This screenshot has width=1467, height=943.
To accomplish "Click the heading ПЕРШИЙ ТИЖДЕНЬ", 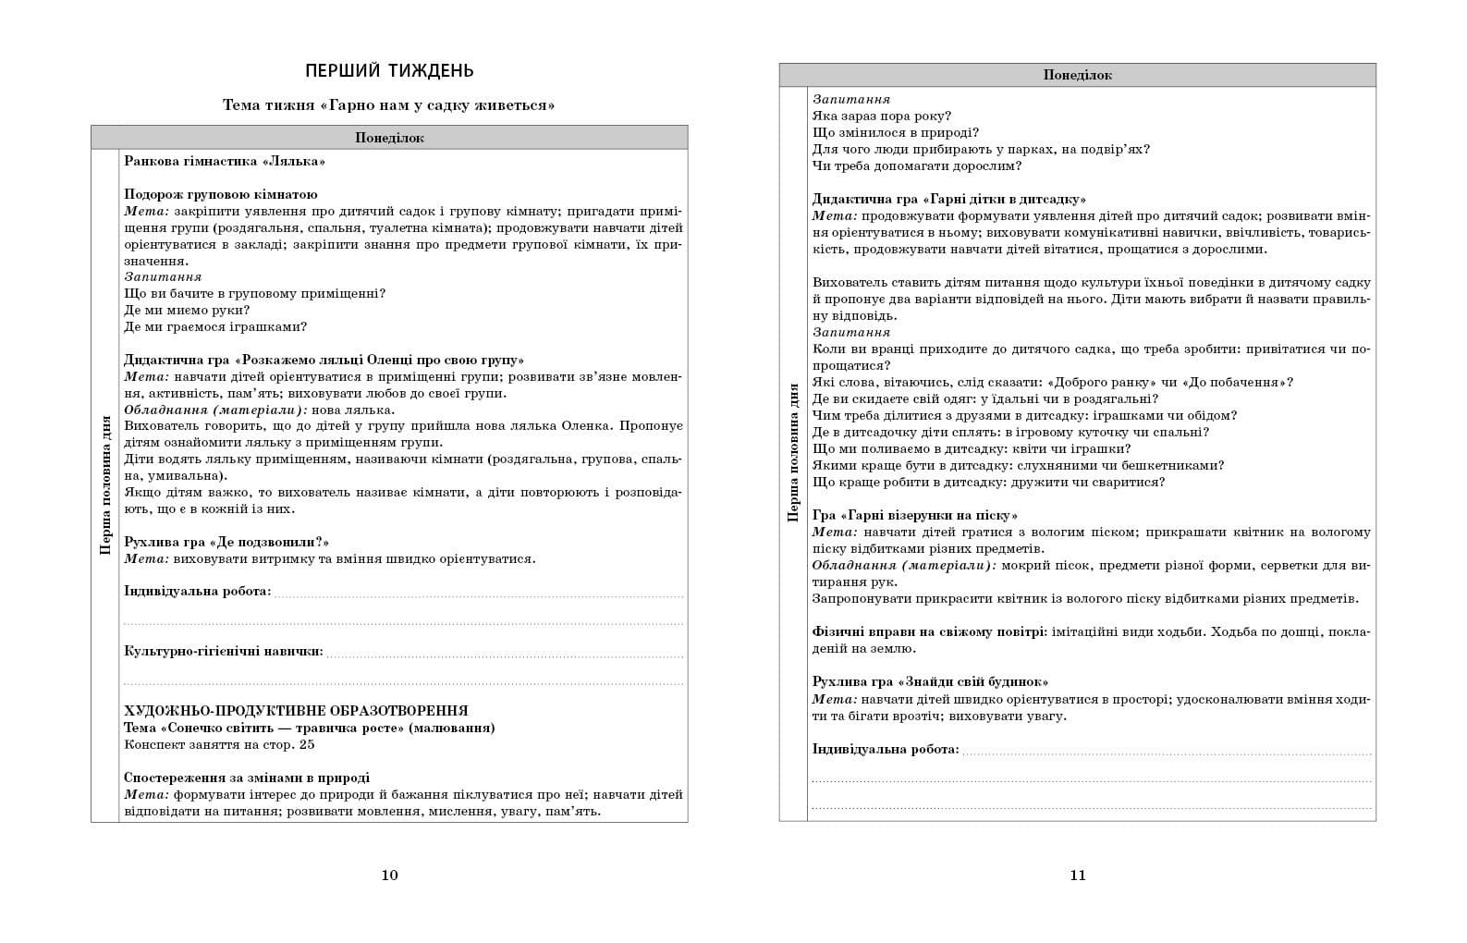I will (x=389, y=71).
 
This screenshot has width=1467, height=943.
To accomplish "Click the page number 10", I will (x=389, y=875).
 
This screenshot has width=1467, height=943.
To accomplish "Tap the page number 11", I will (x=1077, y=875).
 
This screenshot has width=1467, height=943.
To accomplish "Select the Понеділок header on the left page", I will (x=389, y=138).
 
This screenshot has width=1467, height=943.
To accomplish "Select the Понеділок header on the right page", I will (x=1077, y=75).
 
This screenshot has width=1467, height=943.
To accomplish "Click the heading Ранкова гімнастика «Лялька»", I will (x=225, y=161).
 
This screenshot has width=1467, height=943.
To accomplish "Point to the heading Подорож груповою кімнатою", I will (x=221, y=194).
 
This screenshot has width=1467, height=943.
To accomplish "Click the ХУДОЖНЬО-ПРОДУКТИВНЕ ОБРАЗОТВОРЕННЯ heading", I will (x=296, y=711).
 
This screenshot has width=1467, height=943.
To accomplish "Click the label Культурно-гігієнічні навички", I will (x=224, y=651).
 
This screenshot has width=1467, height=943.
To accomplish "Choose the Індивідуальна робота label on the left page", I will (x=198, y=591).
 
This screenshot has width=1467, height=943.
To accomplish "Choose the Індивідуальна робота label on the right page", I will (x=886, y=749).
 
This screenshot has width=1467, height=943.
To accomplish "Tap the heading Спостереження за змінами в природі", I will (x=247, y=778).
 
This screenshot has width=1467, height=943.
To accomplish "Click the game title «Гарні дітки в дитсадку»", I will (x=1005, y=199).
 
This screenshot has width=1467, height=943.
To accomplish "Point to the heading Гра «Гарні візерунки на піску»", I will (x=915, y=515).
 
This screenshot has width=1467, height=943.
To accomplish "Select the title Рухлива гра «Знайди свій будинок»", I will (x=930, y=681).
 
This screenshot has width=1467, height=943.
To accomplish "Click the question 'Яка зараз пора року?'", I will (x=882, y=116).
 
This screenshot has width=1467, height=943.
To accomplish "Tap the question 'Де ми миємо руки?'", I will (x=187, y=310).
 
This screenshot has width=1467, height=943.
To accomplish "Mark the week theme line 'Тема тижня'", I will (x=389, y=105).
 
